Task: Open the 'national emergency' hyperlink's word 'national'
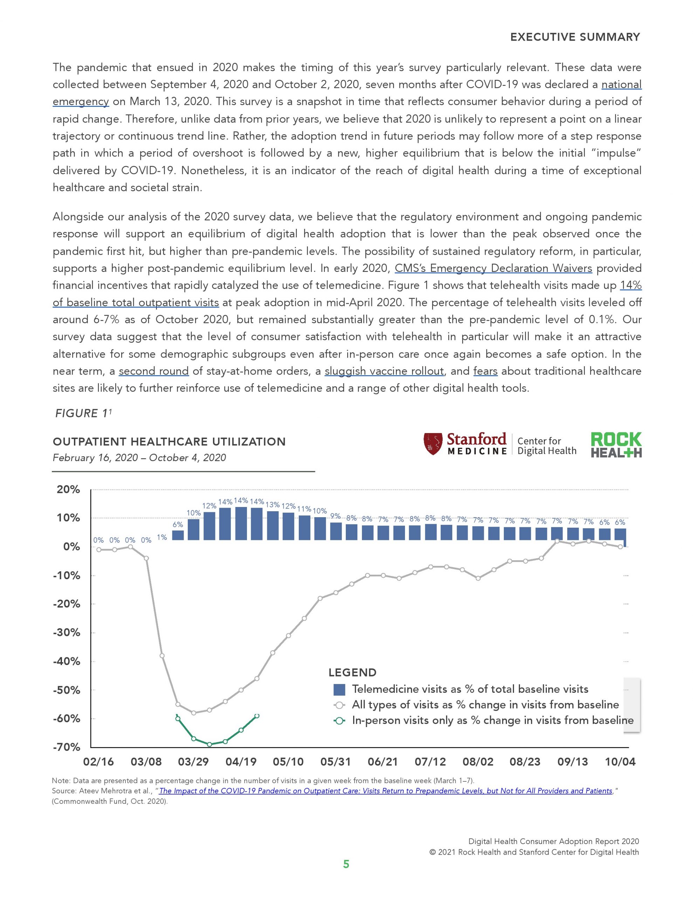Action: coord(621,84)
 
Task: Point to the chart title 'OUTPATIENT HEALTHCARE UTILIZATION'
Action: coord(169,441)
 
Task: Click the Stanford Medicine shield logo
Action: coord(433,444)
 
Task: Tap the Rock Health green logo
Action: coord(616,444)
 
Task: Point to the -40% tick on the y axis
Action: coord(67,661)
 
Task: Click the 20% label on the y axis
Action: coord(68,489)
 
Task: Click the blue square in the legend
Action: coord(339,689)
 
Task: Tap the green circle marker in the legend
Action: coord(339,721)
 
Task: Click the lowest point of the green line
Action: coord(209,744)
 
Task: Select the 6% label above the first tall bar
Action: coord(178,525)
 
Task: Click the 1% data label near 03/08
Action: coord(162,537)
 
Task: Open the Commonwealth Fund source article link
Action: coord(385,791)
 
